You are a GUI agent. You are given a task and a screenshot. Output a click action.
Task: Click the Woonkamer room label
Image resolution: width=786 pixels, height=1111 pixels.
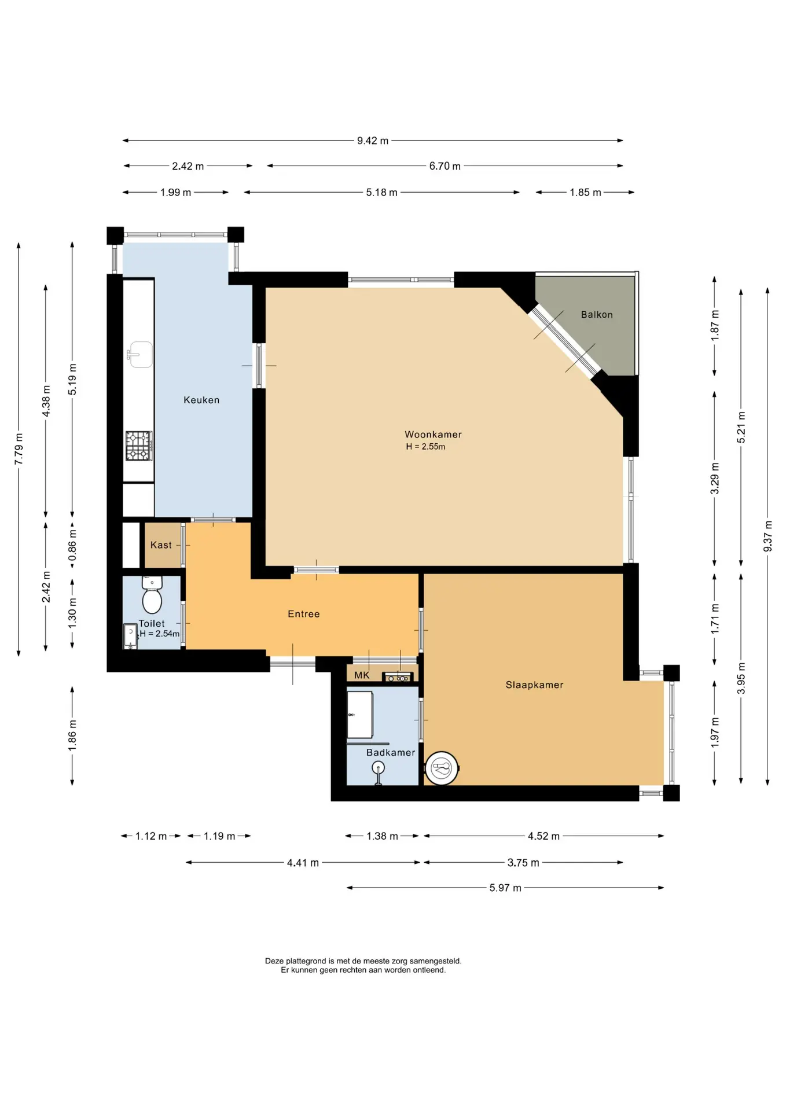433,435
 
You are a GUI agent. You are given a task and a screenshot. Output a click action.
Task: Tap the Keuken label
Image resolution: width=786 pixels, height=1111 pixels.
201,400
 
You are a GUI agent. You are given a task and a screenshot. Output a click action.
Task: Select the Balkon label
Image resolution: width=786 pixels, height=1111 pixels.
597,315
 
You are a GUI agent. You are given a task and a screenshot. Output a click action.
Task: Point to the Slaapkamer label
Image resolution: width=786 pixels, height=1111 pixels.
534,685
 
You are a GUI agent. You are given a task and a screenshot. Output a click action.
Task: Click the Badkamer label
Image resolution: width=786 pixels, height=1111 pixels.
391,752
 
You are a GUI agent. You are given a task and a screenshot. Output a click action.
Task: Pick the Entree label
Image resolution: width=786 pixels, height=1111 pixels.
304,614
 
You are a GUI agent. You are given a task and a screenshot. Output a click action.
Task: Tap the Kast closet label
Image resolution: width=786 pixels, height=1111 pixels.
161,545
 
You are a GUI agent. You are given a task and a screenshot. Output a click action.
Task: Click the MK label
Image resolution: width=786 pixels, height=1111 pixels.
362,675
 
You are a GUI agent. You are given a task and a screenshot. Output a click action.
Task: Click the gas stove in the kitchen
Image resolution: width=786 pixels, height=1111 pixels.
139,446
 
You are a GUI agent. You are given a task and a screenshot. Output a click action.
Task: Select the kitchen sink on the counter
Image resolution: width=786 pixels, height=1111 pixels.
139,354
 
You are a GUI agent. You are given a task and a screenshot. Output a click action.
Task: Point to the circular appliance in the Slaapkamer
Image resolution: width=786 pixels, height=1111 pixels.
442,768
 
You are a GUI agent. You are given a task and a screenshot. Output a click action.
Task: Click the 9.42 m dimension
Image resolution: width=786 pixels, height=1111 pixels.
373,141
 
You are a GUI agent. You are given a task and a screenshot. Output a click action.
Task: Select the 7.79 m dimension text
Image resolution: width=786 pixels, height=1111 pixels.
19,449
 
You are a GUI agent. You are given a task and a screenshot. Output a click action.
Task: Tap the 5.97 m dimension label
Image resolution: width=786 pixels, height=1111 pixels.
505,888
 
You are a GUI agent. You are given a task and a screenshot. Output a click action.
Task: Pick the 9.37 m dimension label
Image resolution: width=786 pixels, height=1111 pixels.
767,536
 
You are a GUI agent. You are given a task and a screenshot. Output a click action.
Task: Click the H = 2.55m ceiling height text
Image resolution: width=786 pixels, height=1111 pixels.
425,447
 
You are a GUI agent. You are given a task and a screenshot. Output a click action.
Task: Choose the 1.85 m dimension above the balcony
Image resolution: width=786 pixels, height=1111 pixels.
585,192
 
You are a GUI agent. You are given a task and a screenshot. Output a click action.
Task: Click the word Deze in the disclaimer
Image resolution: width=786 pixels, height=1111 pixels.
274,961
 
